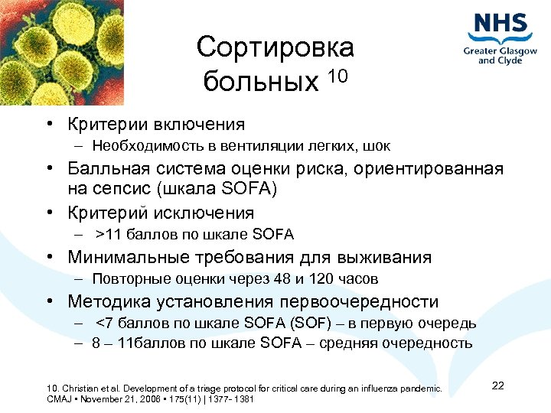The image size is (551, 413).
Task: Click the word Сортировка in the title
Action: [x=275, y=47]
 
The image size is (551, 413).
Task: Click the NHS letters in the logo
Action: [x=501, y=24]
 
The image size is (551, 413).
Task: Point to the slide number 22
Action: [x=498, y=385]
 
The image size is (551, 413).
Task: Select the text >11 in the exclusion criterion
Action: [x=109, y=235]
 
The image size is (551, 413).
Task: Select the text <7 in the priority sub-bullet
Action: [x=105, y=324]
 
